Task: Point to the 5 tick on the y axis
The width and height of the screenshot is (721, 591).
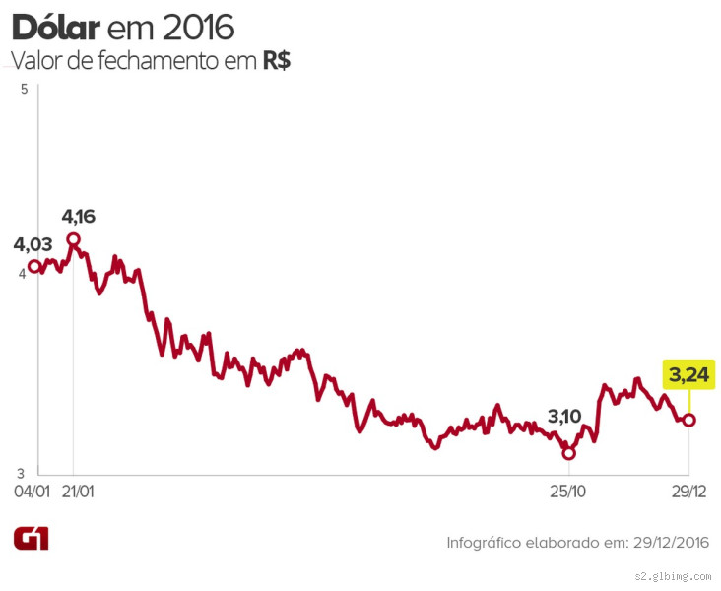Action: click(x=23, y=90)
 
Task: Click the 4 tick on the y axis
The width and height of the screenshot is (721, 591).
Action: click(x=23, y=274)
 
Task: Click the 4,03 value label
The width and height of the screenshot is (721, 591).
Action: click(x=33, y=244)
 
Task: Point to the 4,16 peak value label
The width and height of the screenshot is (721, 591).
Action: click(x=79, y=216)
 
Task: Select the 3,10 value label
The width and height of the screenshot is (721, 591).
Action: click(x=564, y=416)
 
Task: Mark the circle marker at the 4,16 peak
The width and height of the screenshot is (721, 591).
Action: click(x=73, y=239)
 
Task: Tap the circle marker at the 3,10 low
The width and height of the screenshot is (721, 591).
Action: click(x=568, y=453)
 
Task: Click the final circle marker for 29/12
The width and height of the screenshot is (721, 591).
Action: click(x=688, y=420)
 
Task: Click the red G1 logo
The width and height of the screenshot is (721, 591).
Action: click(x=31, y=538)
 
